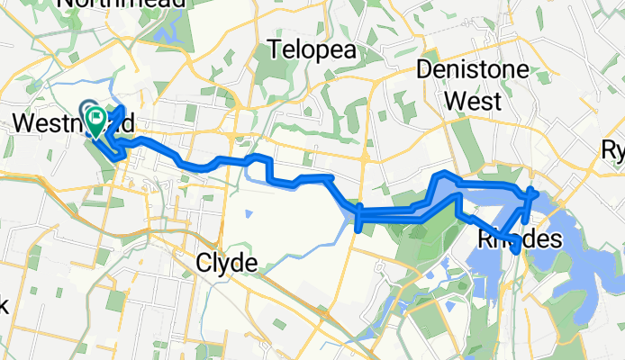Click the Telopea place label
pos(312,49)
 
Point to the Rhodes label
pos(518,240)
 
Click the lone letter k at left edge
pos(4,306)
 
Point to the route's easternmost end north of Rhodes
pos(536,191)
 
